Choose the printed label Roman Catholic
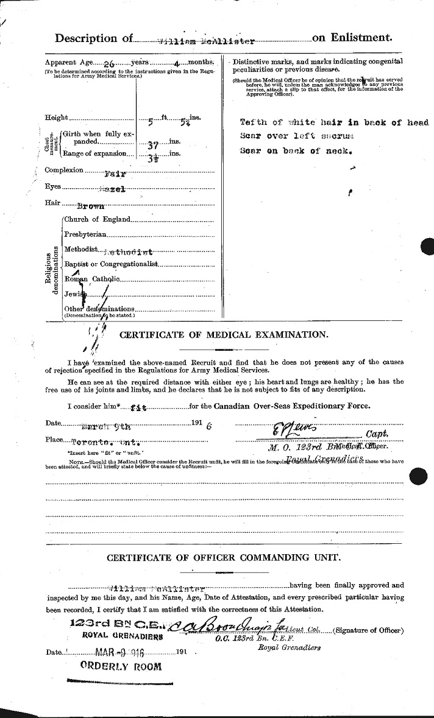(x=94, y=279)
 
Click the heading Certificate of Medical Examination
(x=224, y=335)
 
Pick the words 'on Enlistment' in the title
(x=350, y=38)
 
